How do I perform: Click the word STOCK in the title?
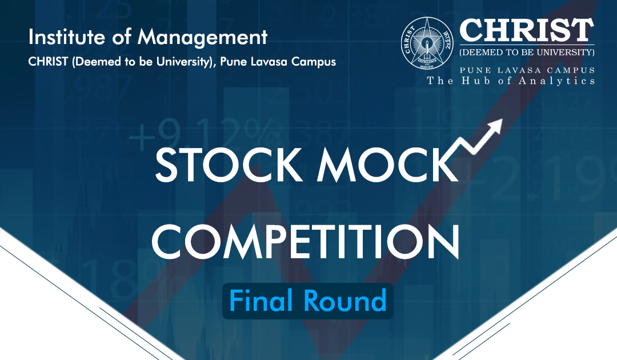(226, 165)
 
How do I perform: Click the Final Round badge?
(308, 301)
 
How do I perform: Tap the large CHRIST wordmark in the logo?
(527, 30)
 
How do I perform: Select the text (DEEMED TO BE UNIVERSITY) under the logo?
(527, 53)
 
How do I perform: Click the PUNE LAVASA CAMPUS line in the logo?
(527, 70)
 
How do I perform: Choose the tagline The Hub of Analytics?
(511, 81)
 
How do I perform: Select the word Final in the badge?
(257, 301)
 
